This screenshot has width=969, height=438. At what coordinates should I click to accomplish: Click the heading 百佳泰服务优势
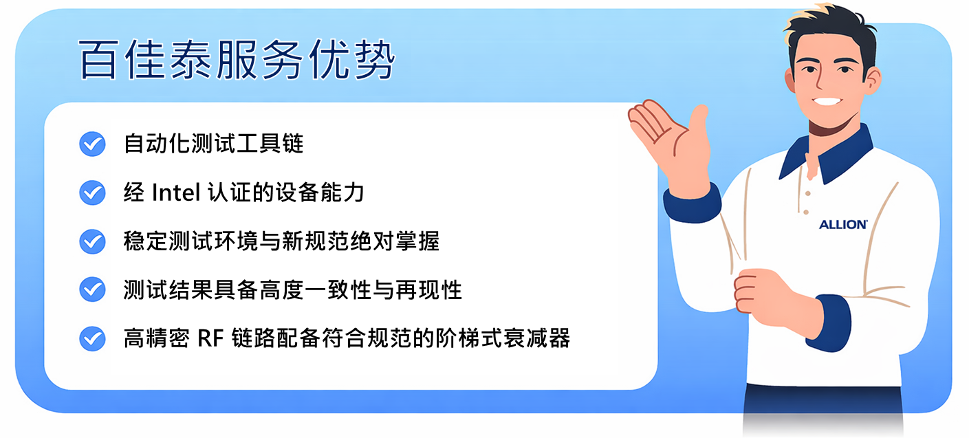(237, 60)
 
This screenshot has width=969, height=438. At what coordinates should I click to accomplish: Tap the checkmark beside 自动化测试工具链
(92, 144)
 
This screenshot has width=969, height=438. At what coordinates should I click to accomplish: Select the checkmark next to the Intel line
(92, 193)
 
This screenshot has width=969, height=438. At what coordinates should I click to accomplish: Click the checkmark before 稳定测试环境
(92, 241)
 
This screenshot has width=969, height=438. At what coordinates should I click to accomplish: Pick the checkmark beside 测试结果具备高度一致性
(92, 289)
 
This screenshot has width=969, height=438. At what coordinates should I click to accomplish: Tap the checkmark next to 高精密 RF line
(92, 338)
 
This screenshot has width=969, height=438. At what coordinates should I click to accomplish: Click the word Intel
(176, 193)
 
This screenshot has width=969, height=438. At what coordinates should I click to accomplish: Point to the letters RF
(210, 338)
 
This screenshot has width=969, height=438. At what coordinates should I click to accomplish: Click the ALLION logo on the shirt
(843, 224)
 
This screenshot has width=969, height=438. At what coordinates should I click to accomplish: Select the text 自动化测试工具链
(214, 144)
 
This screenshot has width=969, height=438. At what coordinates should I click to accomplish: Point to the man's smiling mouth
(827, 102)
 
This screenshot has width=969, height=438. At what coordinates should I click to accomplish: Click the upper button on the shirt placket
(807, 194)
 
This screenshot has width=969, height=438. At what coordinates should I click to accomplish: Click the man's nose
(820, 80)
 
